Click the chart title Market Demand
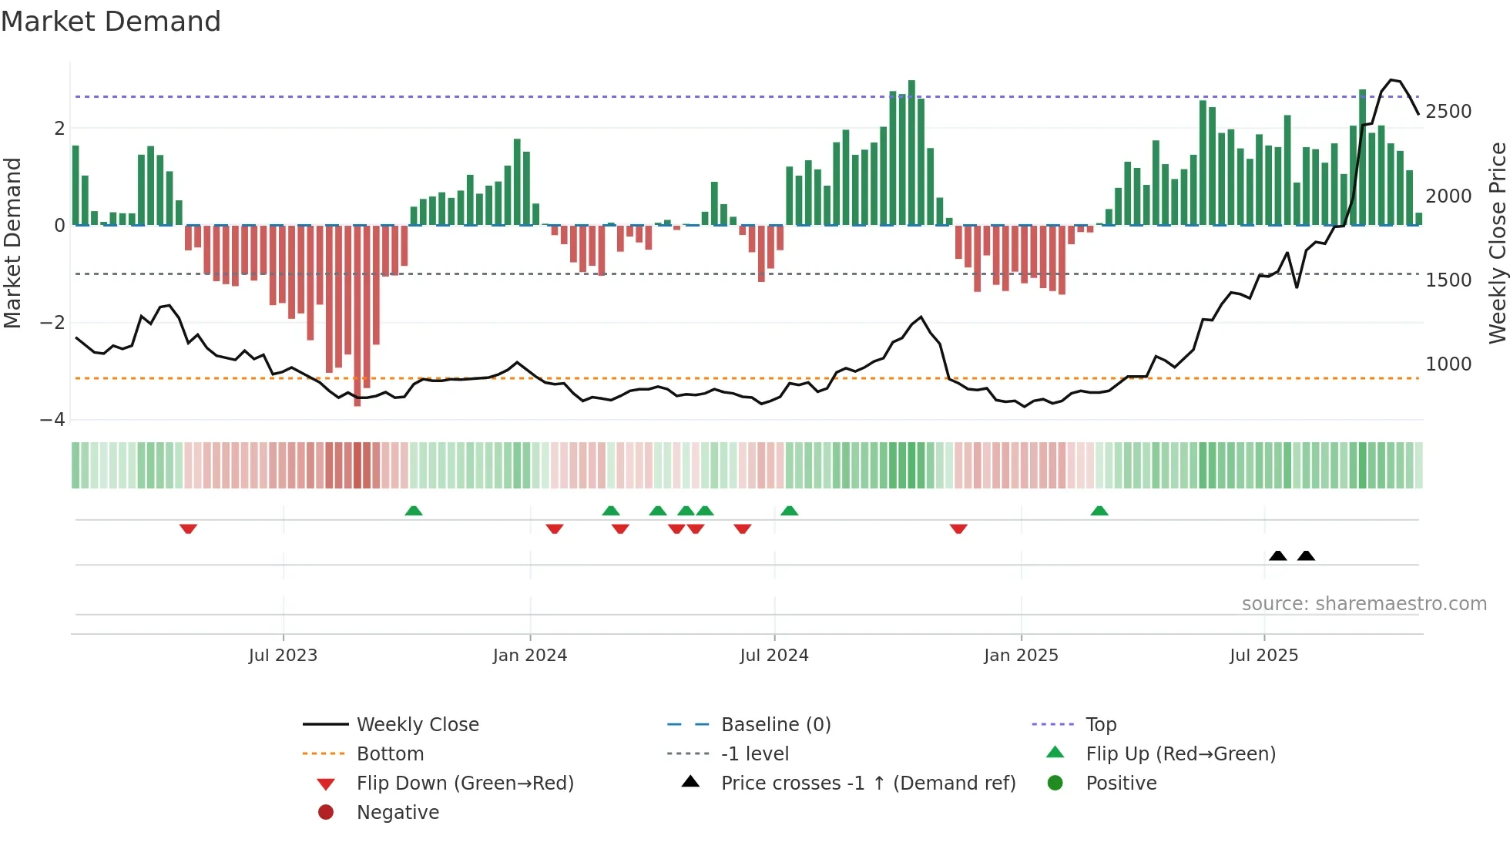click(x=111, y=22)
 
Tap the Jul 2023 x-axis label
click(x=283, y=656)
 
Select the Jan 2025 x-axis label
click(x=1021, y=656)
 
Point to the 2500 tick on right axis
click(x=1448, y=112)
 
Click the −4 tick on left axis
click(x=52, y=420)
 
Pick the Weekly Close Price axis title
click(x=1497, y=243)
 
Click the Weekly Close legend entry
click(x=417, y=725)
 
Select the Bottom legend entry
click(x=390, y=754)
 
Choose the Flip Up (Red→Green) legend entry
click(x=1180, y=754)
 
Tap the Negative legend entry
click(x=398, y=813)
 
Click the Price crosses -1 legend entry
click(x=867, y=784)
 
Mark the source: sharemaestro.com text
click(x=1364, y=604)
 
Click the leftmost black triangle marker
click(x=1277, y=555)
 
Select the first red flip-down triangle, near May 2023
click(x=188, y=529)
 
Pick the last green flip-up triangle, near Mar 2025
click(x=1099, y=511)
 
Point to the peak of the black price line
click(x=1391, y=79)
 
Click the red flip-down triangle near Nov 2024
click(x=958, y=529)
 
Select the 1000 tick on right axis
click(x=1448, y=364)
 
